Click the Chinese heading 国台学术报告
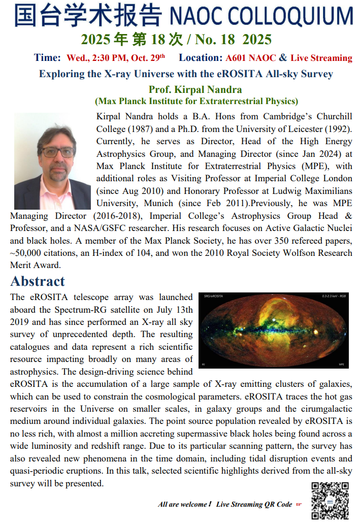point(88,16)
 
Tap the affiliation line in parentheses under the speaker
point(196,102)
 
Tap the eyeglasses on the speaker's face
point(56,152)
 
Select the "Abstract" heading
point(38,281)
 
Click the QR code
point(330,500)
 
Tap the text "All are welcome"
point(183,504)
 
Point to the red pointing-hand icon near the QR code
point(299,504)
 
